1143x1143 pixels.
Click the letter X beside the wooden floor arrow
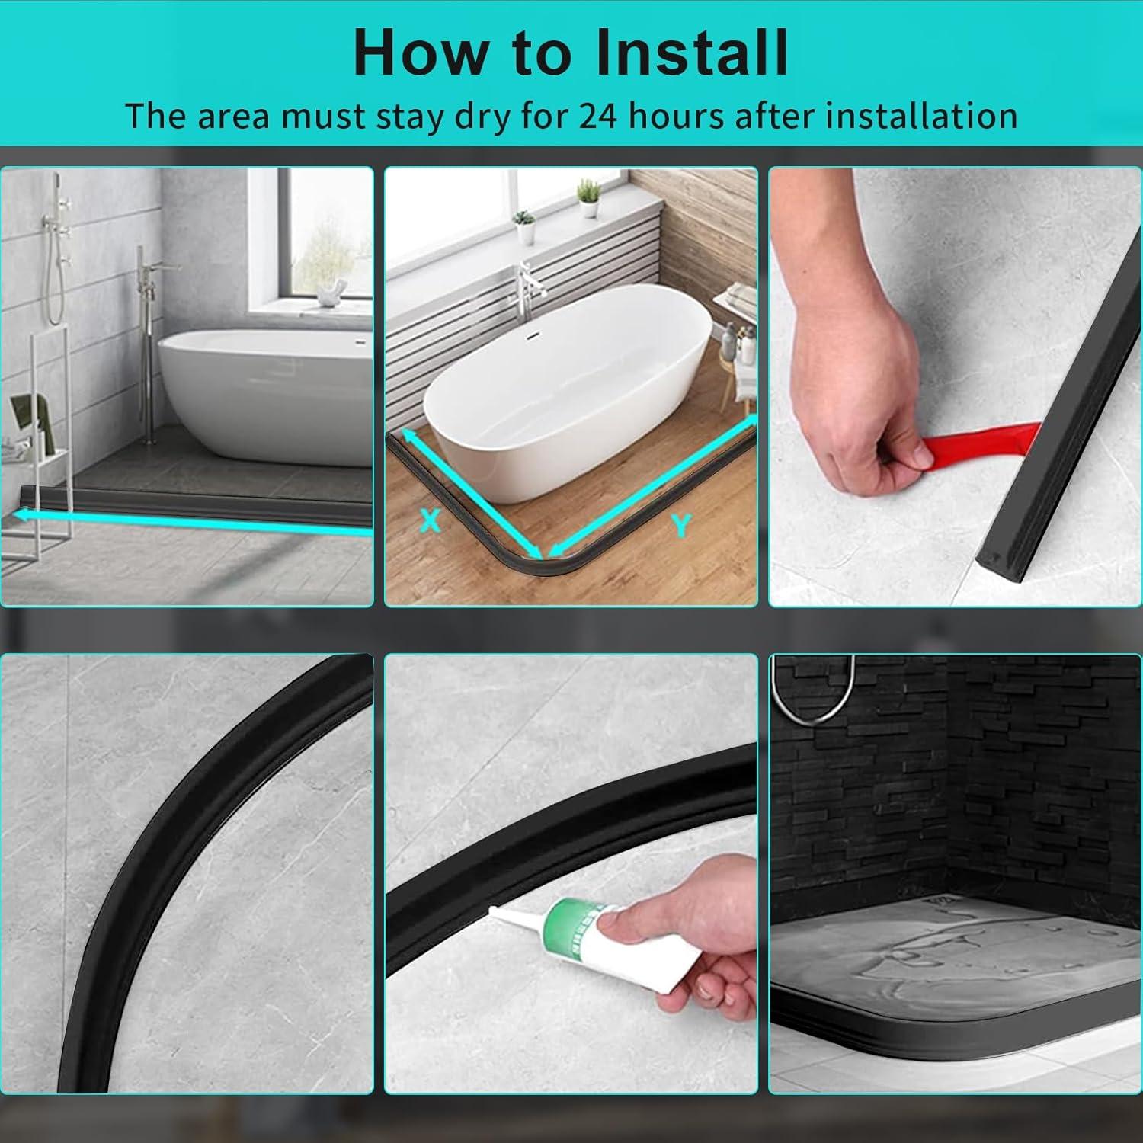pyautogui.click(x=431, y=520)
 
